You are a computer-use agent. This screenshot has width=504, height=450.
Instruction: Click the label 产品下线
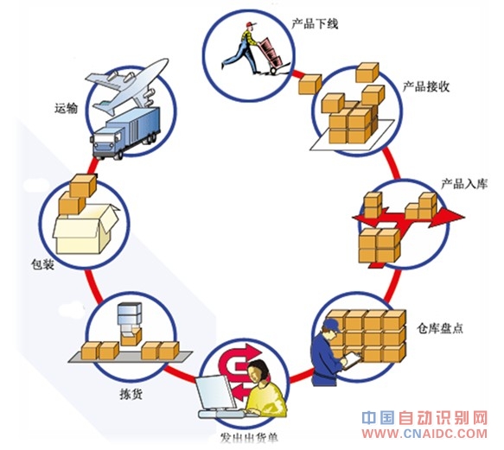click(315, 24)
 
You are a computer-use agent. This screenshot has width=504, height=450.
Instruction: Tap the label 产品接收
click(426, 86)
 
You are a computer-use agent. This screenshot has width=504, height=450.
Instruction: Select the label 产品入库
click(464, 184)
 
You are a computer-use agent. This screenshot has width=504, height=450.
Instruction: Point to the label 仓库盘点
click(440, 328)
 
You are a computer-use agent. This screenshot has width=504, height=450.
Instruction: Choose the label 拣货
click(131, 394)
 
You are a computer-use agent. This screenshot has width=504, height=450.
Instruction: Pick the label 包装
click(42, 264)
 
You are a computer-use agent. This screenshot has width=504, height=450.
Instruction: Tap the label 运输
click(66, 108)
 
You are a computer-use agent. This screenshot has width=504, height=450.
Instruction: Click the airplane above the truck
click(128, 86)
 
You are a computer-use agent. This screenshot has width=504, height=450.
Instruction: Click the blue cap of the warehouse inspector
click(332, 325)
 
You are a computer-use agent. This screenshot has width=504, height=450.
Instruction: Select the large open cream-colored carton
click(86, 229)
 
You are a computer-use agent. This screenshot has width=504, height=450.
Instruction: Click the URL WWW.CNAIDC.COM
click(424, 434)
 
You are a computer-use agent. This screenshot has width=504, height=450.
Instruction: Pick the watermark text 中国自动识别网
click(424, 418)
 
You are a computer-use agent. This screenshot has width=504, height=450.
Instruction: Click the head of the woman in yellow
click(258, 371)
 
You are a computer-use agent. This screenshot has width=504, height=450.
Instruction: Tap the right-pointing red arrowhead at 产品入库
click(450, 216)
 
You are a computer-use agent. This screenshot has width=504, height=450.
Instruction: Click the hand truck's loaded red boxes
click(270, 52)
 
